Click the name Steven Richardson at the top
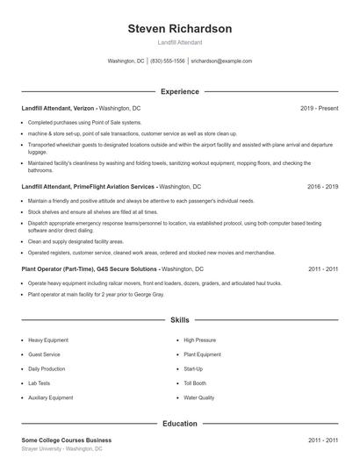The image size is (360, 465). click(179, 29)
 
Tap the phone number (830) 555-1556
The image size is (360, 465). click(168, 61)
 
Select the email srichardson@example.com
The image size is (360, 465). click(221, 61)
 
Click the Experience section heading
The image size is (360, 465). click(179, 91)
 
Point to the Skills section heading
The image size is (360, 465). click(179, 322)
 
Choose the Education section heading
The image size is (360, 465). click(179, 423)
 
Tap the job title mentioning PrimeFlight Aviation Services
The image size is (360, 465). click(88, 187)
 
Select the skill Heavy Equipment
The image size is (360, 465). click(49, 340)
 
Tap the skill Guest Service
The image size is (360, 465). click(45, 354)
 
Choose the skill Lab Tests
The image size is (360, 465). click(40, 383)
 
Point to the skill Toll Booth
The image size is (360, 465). click(195, 383)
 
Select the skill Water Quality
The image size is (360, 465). click(198, 398)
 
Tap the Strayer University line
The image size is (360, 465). click(61, 448)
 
